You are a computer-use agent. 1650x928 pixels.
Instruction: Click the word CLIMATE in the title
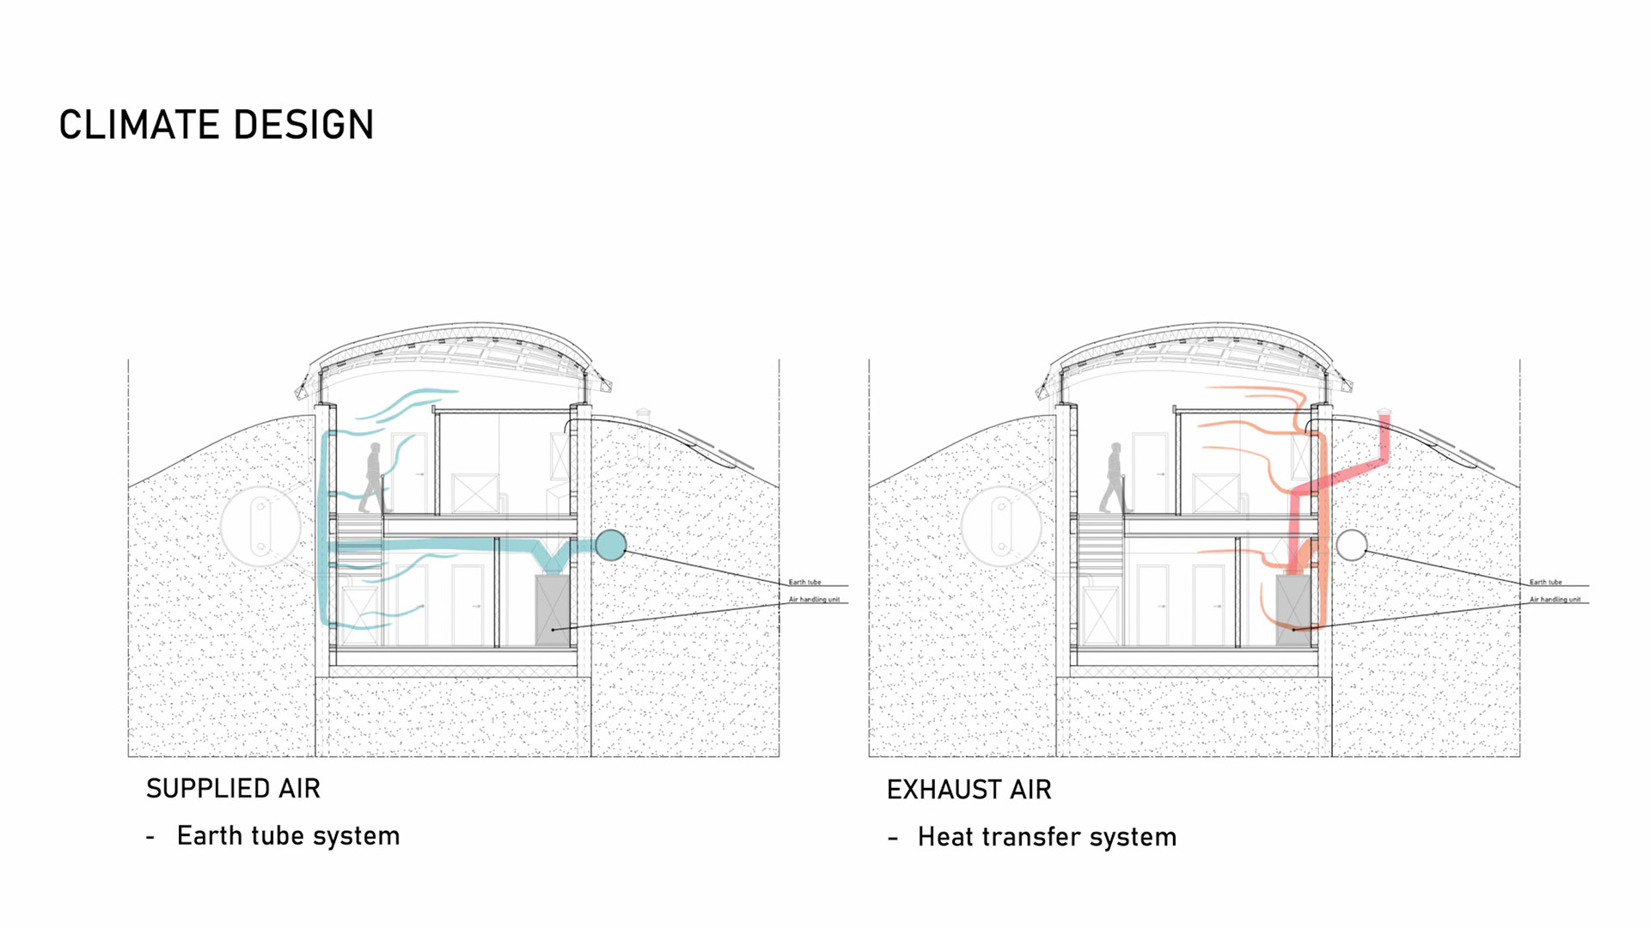coord(137,125)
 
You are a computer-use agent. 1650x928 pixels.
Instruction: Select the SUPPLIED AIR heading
coord(233,789)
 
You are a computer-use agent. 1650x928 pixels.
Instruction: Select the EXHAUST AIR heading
coord(969,790)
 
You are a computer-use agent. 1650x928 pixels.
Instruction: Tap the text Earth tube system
coord(288,836)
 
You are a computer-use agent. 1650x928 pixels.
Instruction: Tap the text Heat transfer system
coord(1047,837)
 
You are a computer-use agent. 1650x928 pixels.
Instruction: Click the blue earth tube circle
coord(610,545)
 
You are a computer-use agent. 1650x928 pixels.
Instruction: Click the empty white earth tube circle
coord(1352,545)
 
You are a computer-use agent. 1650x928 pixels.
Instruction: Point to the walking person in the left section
coord(374,478)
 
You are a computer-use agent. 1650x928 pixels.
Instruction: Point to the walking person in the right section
coord(1114,478)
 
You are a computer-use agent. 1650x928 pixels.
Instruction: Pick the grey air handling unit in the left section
coord(552,610)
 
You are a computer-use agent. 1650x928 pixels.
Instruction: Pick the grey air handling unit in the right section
coord(1292,610)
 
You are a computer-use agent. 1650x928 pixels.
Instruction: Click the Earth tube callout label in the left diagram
coord(804,582)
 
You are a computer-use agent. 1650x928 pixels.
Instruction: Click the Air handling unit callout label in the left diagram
coord(814,599)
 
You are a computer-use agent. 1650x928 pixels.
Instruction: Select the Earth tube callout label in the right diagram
coord(1545,582)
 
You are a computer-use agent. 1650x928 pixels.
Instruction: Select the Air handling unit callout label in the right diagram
coord(1555,599)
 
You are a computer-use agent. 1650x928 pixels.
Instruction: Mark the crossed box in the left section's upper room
coord(475,493)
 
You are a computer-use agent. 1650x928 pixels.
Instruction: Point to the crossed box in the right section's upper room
coord(1216,493)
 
